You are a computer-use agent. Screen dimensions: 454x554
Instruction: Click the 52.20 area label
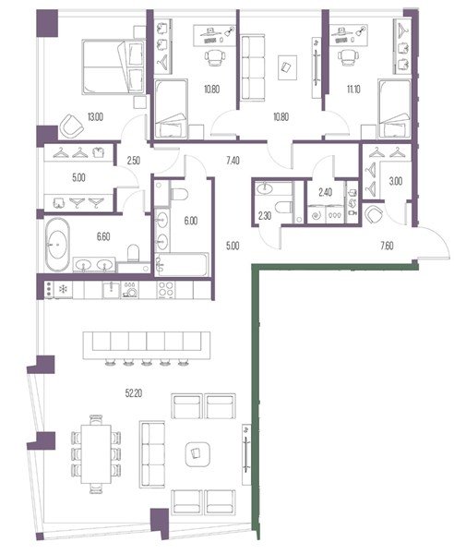pos(134,393)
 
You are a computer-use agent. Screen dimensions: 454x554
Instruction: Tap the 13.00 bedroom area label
pos(95,117)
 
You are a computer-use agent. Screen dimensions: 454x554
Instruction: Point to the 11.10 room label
pos(353,89)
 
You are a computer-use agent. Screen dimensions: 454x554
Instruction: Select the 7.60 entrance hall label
pos(387,246)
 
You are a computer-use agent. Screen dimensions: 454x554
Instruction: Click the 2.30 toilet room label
pos(265,215)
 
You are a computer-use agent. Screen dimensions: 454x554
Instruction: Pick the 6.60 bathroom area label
pos(103,236)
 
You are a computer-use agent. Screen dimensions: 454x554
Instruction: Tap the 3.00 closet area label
pos(395,181)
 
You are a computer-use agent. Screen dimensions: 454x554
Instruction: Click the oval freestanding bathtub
pos(57,245)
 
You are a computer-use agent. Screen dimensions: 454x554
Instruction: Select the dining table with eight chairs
pos(96,454)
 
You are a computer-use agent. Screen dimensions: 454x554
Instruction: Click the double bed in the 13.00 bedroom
pos(113,67)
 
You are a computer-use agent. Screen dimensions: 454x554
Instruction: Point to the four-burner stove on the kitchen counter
pos(166,289)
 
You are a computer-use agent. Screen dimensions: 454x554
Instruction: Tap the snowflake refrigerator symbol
pos(63,290)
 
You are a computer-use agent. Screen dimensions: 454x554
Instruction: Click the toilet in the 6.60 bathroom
pos(134,253)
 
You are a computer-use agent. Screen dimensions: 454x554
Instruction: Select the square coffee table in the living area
pos(197,453)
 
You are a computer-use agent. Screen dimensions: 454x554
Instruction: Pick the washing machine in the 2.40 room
pos(316,214)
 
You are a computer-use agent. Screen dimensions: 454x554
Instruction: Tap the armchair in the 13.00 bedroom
pos(71,126)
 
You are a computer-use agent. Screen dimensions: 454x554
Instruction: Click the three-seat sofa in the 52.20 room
pos(152,454)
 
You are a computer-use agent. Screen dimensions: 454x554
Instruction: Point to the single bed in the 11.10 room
pos(395,109)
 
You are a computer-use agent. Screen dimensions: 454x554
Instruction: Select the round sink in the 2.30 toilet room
pos(266,188)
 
